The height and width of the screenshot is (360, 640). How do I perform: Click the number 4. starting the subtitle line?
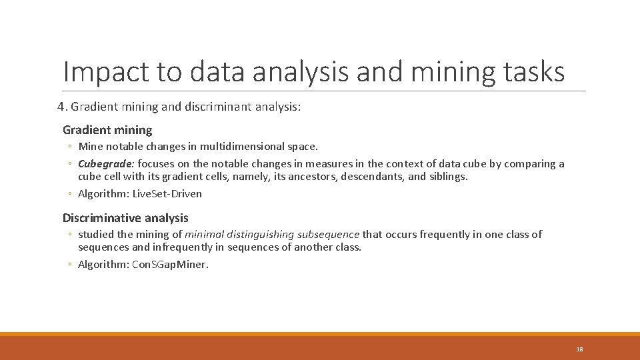[x=62, y=107]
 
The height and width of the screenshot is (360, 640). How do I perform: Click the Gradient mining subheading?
[x=107, y=130]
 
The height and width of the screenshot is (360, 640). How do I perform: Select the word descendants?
[x=372, y=177]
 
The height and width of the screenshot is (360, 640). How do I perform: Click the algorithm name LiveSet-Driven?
[x=167, y=194]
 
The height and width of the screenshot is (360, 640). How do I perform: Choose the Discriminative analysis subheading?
[x=125, y=218]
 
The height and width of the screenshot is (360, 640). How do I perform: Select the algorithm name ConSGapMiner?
[x=171, y=265]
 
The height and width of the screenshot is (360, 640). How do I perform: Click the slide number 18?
[x=579, y=349]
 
